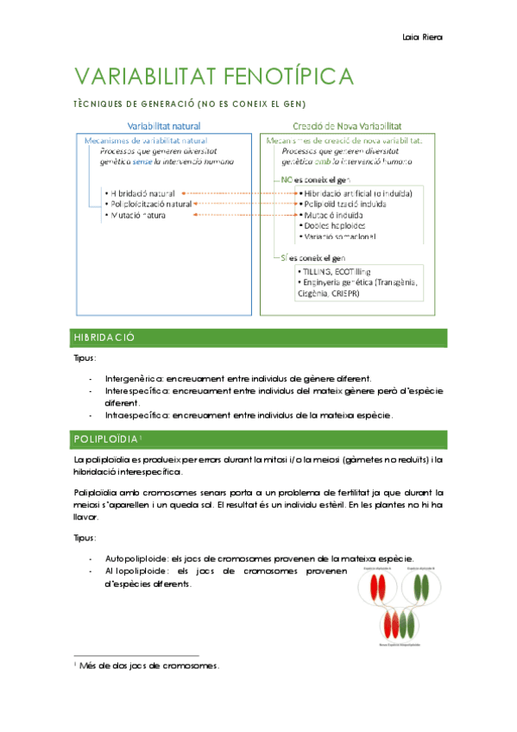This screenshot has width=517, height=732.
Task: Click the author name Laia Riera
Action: click(422, 36)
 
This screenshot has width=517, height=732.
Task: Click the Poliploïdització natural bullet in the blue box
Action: click(147, 204)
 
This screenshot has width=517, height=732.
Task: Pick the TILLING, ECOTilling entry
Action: click(333, 271)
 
